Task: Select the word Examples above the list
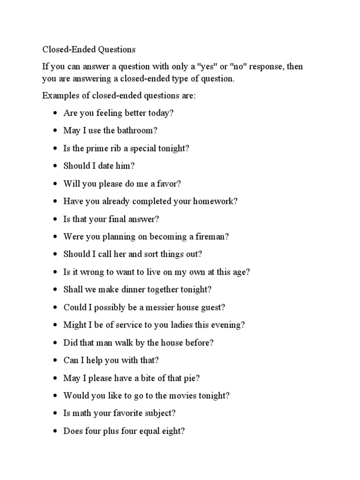coord(59,96)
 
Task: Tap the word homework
coord(215,202)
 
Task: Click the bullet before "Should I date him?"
coord(55,166)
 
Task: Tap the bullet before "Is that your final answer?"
coord(55,219)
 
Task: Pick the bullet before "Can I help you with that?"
coord(55,360)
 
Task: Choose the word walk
coord(121,343)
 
